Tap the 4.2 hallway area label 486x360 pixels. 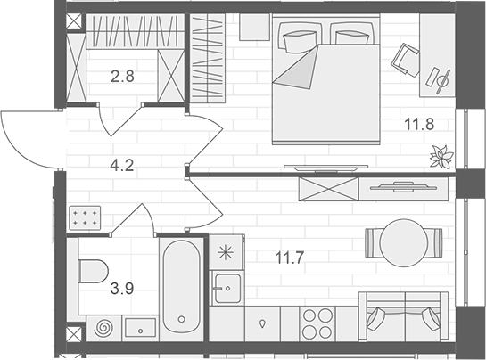point(122,164)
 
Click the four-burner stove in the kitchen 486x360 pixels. point(317,323)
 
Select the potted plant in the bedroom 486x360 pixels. point(441,157)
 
